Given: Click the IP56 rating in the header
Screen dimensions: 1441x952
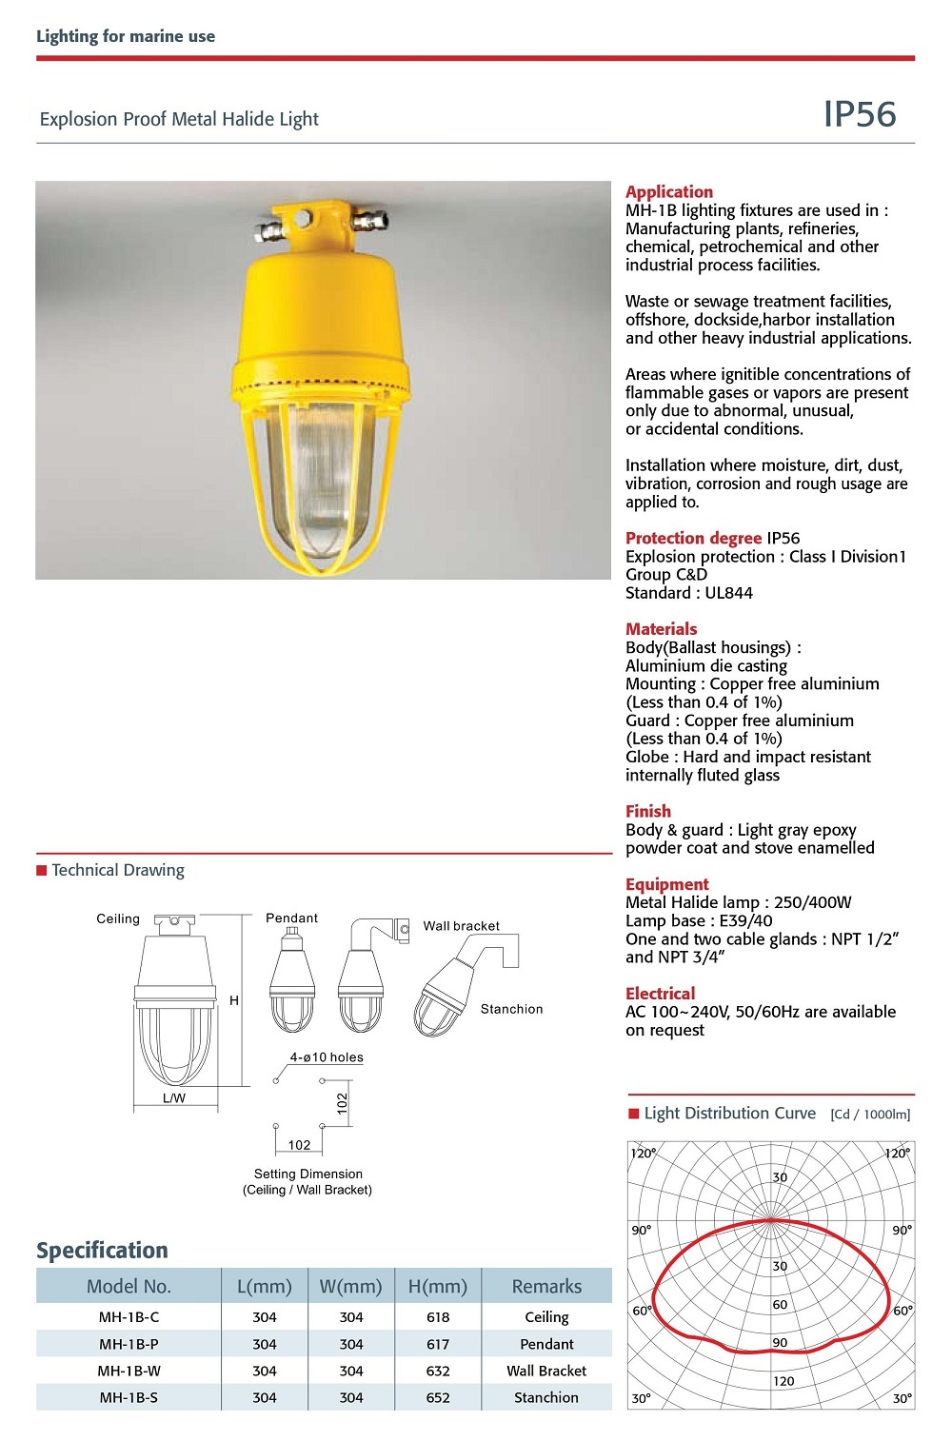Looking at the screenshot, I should coord(859,114).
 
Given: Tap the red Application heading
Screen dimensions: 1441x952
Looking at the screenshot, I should coord(668,191).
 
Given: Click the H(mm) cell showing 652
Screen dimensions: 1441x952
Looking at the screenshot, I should coord(438,1397).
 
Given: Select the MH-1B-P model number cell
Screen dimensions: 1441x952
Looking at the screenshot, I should coord(129,1344).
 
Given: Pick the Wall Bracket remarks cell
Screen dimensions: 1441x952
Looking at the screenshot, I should coord(546,1371).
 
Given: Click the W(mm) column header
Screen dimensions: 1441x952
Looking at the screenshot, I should coord(350,1286).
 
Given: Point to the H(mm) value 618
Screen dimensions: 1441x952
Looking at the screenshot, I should coord(438,1317).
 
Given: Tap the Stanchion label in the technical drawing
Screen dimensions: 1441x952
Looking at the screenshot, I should coord(511,1009).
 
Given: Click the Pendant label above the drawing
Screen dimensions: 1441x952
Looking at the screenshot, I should coord(291,918).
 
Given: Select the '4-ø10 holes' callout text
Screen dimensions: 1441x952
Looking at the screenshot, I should coord(327,1057).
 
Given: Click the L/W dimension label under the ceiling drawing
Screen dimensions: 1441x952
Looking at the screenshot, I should coord(174,1097).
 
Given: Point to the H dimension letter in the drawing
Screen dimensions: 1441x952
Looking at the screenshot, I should coord(234,1000).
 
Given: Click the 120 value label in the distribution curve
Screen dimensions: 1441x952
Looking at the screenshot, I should coord(783,1381).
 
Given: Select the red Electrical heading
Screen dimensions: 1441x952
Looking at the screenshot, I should coord(660,993).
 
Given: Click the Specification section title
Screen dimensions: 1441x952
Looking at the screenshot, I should coord(102,1250).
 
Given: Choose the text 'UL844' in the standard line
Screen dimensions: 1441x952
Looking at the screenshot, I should coord(728,593).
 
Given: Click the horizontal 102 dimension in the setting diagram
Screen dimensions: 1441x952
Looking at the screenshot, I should coord(299,1145).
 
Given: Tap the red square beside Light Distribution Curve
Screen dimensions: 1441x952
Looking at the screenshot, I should coord(634,1114).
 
